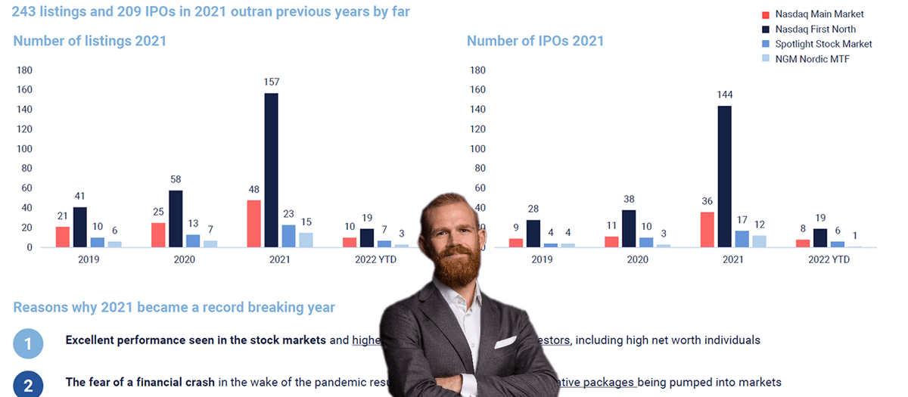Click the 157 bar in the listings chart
(271, 170)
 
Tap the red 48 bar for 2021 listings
(253, 223)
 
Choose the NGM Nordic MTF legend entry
(812, 59)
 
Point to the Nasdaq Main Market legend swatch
(766, 14)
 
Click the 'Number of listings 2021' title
(89, 41)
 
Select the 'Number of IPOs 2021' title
(535, 41)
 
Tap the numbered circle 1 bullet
(28, 345)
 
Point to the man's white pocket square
(505, 343)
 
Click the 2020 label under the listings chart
(184, 259)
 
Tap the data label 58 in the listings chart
(176, 180)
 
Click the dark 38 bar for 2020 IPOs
(629, 228)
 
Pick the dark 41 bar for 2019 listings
(79, 227)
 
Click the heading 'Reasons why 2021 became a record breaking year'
(174, 308)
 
